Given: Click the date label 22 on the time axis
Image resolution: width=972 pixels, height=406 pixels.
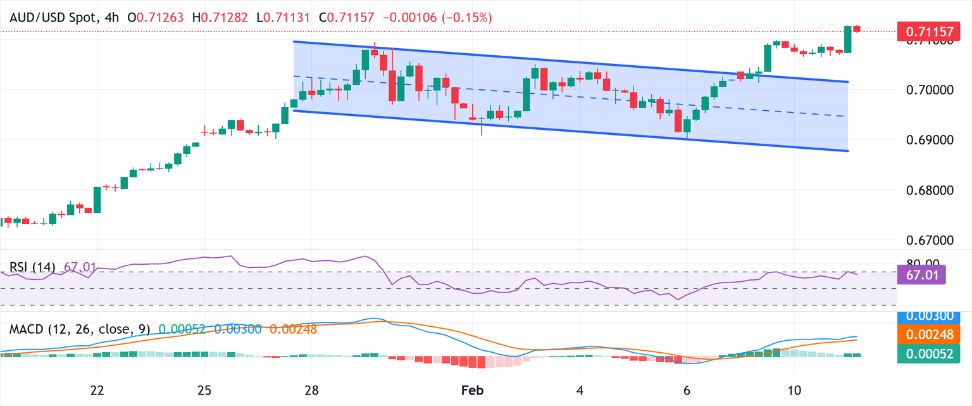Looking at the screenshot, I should tap(97, 388).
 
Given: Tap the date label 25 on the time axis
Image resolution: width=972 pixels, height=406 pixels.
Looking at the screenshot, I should tap(204, 388).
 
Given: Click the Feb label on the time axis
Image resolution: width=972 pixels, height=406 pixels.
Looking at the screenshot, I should tap(473, 388).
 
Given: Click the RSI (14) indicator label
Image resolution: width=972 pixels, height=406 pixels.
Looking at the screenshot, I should tap(32, 267).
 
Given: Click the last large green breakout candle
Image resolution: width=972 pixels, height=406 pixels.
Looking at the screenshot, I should tap(848, 39).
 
